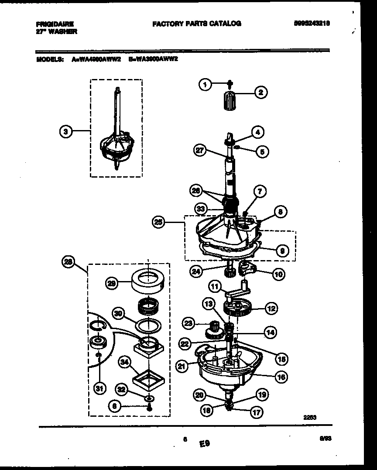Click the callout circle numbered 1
click(x=205, y=85)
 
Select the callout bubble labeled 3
click(x=65, y=130)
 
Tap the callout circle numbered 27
click(x=200, y=151)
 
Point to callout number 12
click(x=271, y=309)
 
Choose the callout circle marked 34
click(x=126, y=361)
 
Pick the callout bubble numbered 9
click(x=282, y=250)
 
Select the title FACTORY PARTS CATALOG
click(x=196, y=24)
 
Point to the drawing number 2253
click(x=309, y=417)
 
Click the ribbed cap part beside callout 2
click(x=229, y=102)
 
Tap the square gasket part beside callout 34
click(x=149, y=378)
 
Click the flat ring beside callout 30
click(x=148, y=326)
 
